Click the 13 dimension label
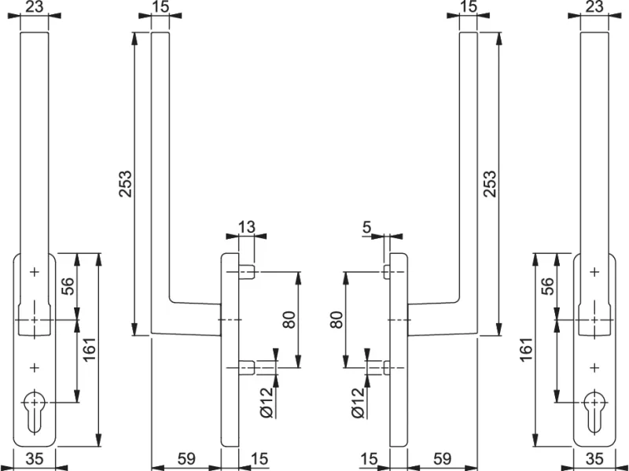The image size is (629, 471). (246, 228)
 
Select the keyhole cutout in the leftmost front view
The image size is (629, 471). (34, 410)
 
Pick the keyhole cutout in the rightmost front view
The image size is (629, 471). (594, 410)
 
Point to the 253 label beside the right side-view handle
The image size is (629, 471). (489, 184)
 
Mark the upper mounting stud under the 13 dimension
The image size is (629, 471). (246, 273)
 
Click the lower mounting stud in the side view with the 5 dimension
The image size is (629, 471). (387, 366)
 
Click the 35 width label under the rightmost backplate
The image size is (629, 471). (595, 458)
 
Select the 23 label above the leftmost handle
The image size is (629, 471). (34, 8)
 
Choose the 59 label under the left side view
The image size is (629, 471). (186, 458)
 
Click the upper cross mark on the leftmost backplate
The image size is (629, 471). (34, 272)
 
